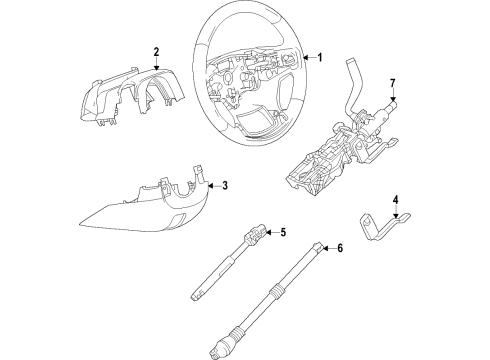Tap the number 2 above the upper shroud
156,50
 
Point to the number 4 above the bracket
395,200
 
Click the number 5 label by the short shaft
283,233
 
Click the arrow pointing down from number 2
156,62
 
